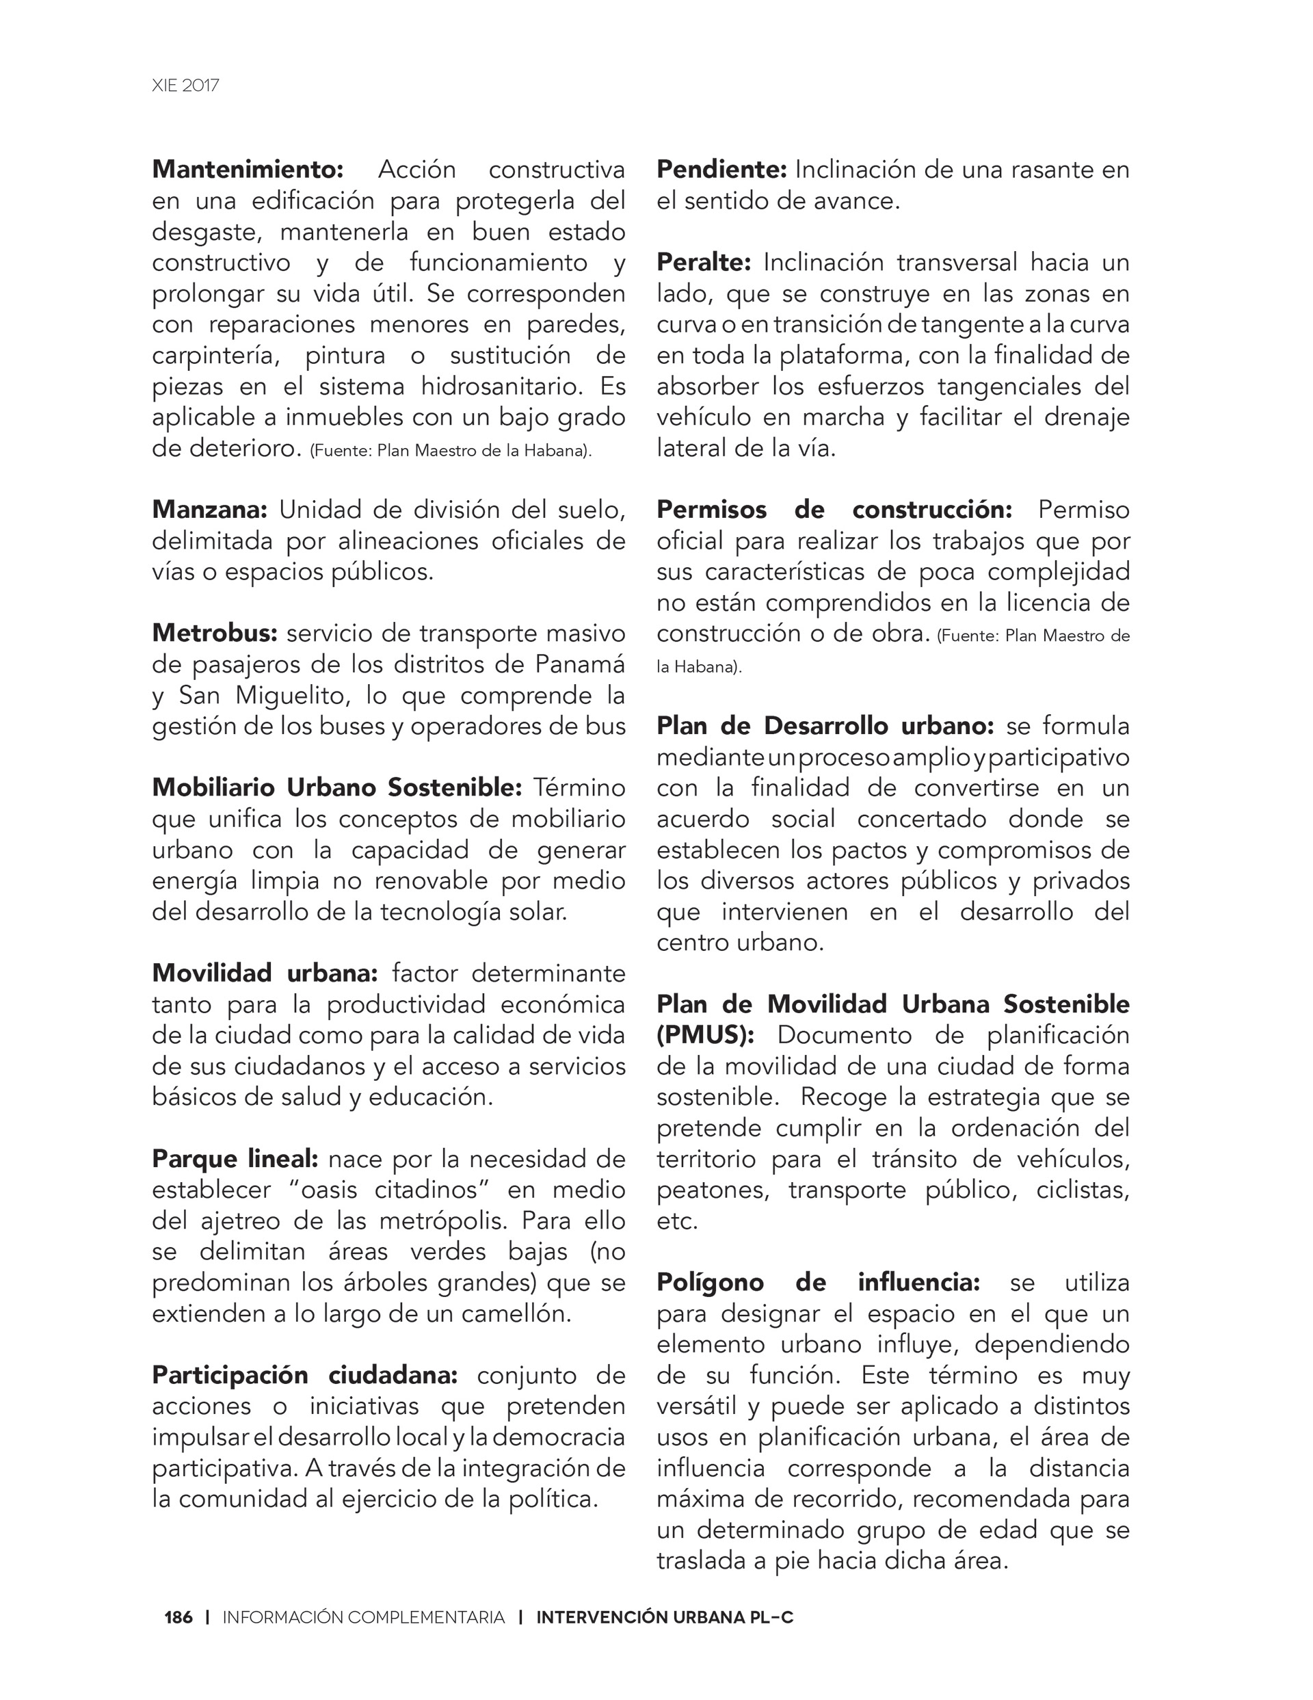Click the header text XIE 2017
(185, 86)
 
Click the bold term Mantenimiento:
(248, 170)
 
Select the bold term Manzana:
(209, 510)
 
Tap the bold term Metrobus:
(214, 633)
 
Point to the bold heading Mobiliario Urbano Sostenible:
(336, 787)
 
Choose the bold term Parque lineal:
(235, 1159)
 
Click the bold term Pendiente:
(721, 170)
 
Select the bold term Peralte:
(704, 262)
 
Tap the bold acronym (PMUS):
(705, 1035)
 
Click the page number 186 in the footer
(178, 1617)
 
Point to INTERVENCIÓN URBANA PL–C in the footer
(665, 1617)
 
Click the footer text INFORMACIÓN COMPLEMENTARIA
(363, 1617)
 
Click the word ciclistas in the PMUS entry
(1082, 1190)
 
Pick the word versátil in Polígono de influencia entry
(700, 1407)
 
